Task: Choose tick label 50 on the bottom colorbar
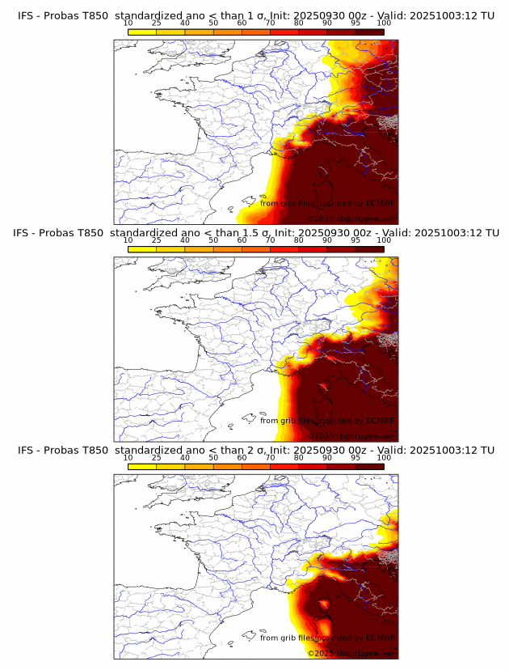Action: click(x=213, y=458)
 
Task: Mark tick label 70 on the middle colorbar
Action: click(x=270, y=241)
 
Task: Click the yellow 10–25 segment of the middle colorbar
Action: click(x=142, y=248)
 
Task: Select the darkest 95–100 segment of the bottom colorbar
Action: click(x=369, y=466)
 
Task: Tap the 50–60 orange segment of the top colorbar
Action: click(x=227, y=32)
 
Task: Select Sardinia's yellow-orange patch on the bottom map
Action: click(x=325, y=627)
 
